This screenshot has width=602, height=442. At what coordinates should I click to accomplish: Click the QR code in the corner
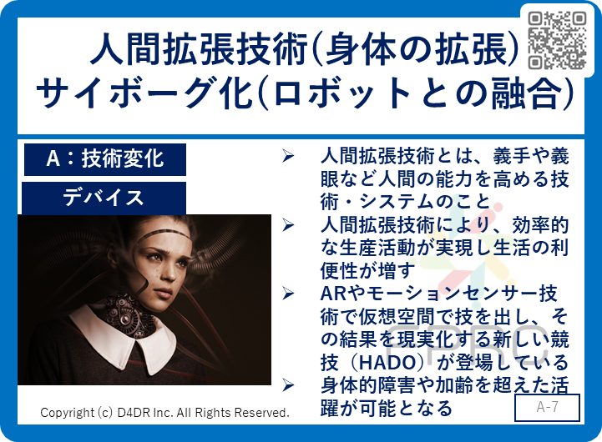[557, 40]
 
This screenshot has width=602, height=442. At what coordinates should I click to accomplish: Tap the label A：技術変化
[105, 159]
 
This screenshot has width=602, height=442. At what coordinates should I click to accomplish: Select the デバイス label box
[104, 198]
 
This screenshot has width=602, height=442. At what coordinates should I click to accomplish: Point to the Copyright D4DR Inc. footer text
[164, 413]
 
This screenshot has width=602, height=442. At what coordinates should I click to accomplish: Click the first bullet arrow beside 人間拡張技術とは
[288, 156]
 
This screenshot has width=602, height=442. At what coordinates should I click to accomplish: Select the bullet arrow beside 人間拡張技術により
[288, 225]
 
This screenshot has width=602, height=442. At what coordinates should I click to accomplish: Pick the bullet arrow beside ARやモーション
[288, 294]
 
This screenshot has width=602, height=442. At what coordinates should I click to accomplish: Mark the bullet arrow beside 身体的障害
[288, 385]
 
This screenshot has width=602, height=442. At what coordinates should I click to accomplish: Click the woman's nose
[167, 274]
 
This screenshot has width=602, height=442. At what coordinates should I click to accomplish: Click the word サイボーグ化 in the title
[144, 93]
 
